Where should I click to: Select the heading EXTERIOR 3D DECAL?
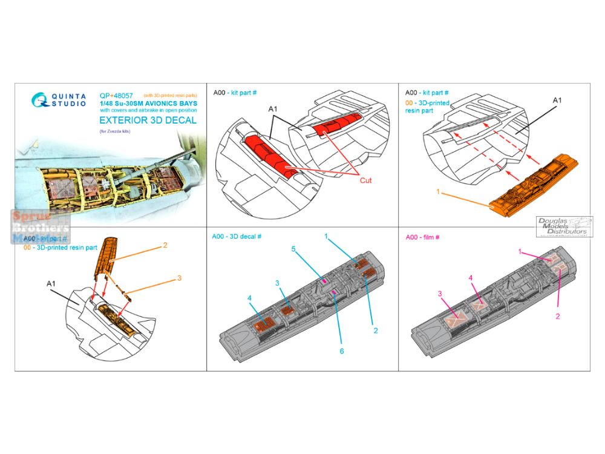pos(146,120)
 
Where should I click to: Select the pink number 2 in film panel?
pos(558,316)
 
